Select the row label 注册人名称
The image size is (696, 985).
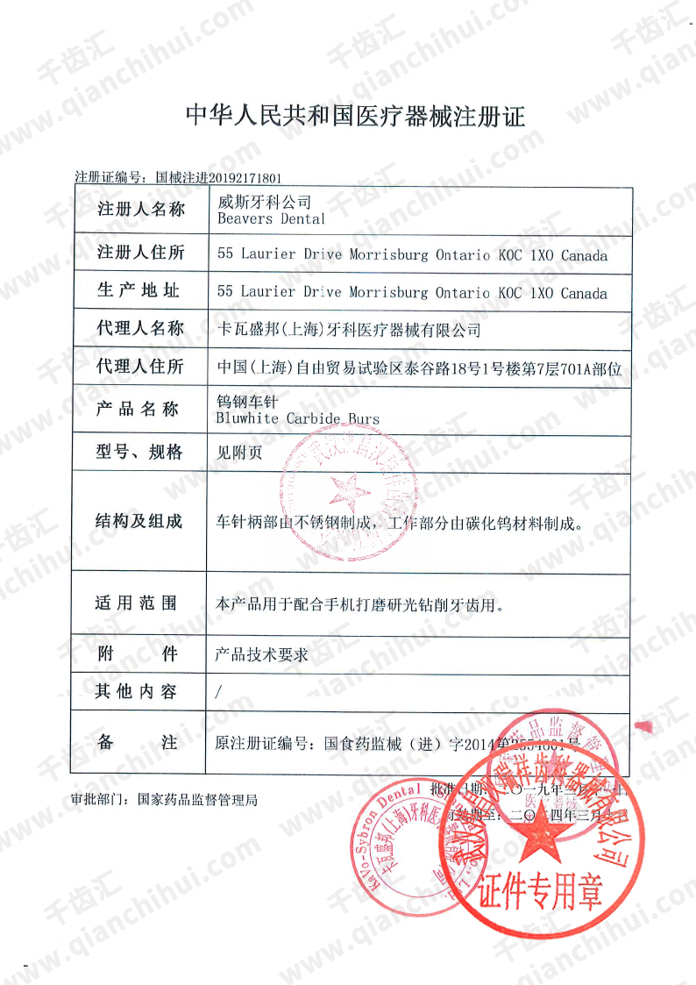(141, 210)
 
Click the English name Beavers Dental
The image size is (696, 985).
(271, 219)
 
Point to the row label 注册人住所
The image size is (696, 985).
(141, 253)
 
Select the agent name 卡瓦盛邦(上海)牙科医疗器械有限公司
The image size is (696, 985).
(349, 330)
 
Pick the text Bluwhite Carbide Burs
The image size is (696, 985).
(297, 419)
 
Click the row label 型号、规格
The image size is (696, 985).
(140, 453)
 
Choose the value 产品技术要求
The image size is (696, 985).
(260, 654)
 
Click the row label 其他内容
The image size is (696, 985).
(136, 692)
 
